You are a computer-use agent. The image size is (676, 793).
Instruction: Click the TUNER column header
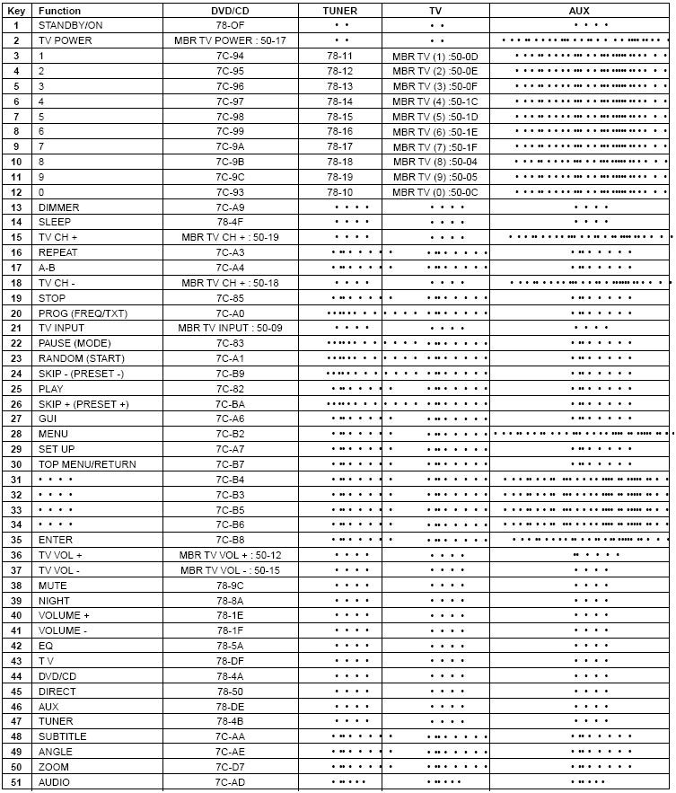339,10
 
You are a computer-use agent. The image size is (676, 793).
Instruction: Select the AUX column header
579,10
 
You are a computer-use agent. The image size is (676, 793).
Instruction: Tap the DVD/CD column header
230,10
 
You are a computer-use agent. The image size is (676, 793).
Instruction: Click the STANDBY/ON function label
70,25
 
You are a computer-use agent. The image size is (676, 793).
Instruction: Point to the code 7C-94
230,56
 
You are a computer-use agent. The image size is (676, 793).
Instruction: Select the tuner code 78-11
339,56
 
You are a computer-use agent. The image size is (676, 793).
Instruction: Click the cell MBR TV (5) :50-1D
435,117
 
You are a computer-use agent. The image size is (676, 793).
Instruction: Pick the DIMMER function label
58,207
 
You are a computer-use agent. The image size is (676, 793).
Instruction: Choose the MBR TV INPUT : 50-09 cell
229,328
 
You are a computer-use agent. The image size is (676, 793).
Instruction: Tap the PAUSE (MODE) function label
74,343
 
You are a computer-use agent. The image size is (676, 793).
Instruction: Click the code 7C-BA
230,404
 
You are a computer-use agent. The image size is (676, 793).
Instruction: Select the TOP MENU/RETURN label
87,464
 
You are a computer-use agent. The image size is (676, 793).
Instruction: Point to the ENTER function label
56,540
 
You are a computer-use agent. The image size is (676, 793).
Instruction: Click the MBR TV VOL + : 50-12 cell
230,555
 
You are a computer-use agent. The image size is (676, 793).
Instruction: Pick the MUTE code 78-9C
230,586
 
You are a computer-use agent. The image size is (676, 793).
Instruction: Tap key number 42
16,646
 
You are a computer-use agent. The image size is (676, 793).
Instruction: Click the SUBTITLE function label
62,736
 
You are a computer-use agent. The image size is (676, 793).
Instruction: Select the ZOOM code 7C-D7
230,767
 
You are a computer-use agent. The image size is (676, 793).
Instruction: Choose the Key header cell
16,10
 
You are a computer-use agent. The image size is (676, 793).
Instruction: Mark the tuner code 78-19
339,177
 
